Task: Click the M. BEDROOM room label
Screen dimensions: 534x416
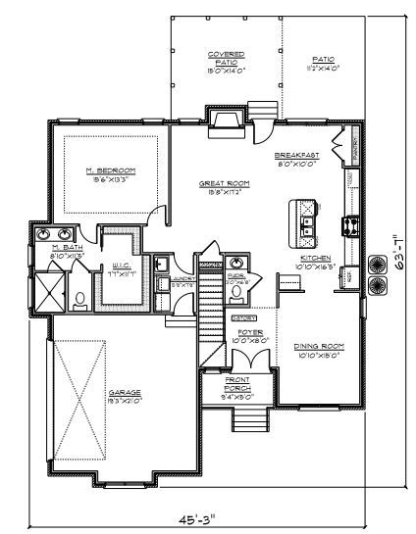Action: (x=109, y=170)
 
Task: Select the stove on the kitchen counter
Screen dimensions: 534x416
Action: (x=349, y=225)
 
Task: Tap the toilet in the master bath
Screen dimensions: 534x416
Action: (x=80, y=300)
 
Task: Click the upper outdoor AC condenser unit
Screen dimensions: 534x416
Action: (x=377, y=264)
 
